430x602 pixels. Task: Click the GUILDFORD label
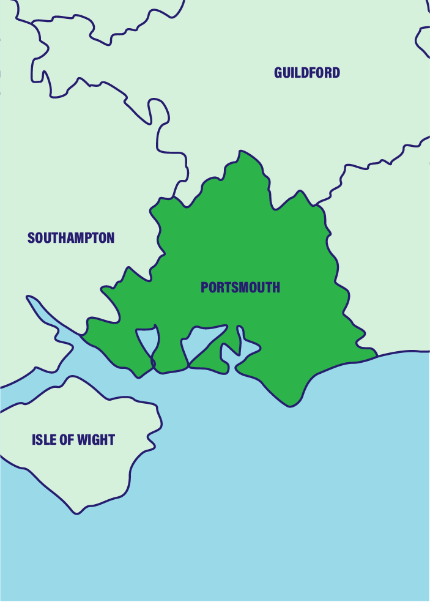307,73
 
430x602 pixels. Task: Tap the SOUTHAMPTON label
71,238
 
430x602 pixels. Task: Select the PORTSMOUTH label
240,287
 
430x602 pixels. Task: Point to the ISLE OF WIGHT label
73,439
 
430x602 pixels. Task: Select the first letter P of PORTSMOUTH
204,287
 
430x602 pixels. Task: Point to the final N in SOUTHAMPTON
110,238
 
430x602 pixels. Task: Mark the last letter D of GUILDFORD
336,73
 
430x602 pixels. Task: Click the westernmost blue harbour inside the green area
148,343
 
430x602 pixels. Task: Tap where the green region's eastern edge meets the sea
375,354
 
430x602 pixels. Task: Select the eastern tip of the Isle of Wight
161,422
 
